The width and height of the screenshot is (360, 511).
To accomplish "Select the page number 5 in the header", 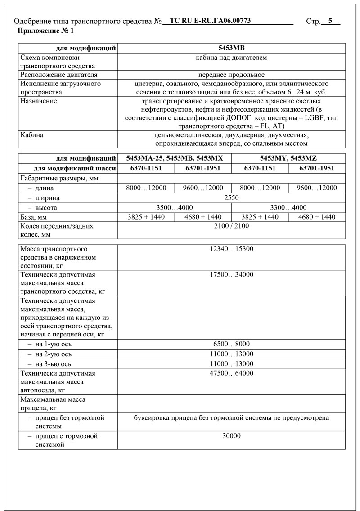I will tap(331, 21).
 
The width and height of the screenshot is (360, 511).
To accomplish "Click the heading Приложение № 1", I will tap(45, 31).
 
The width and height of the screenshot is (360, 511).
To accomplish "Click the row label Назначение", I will tap(39, 101).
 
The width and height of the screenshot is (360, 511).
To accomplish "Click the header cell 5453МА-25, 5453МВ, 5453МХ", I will tap(175, 158).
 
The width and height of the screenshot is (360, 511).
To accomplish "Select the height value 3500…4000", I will tap(175, 207).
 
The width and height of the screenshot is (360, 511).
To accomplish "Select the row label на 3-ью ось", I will tap(53, 363).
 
